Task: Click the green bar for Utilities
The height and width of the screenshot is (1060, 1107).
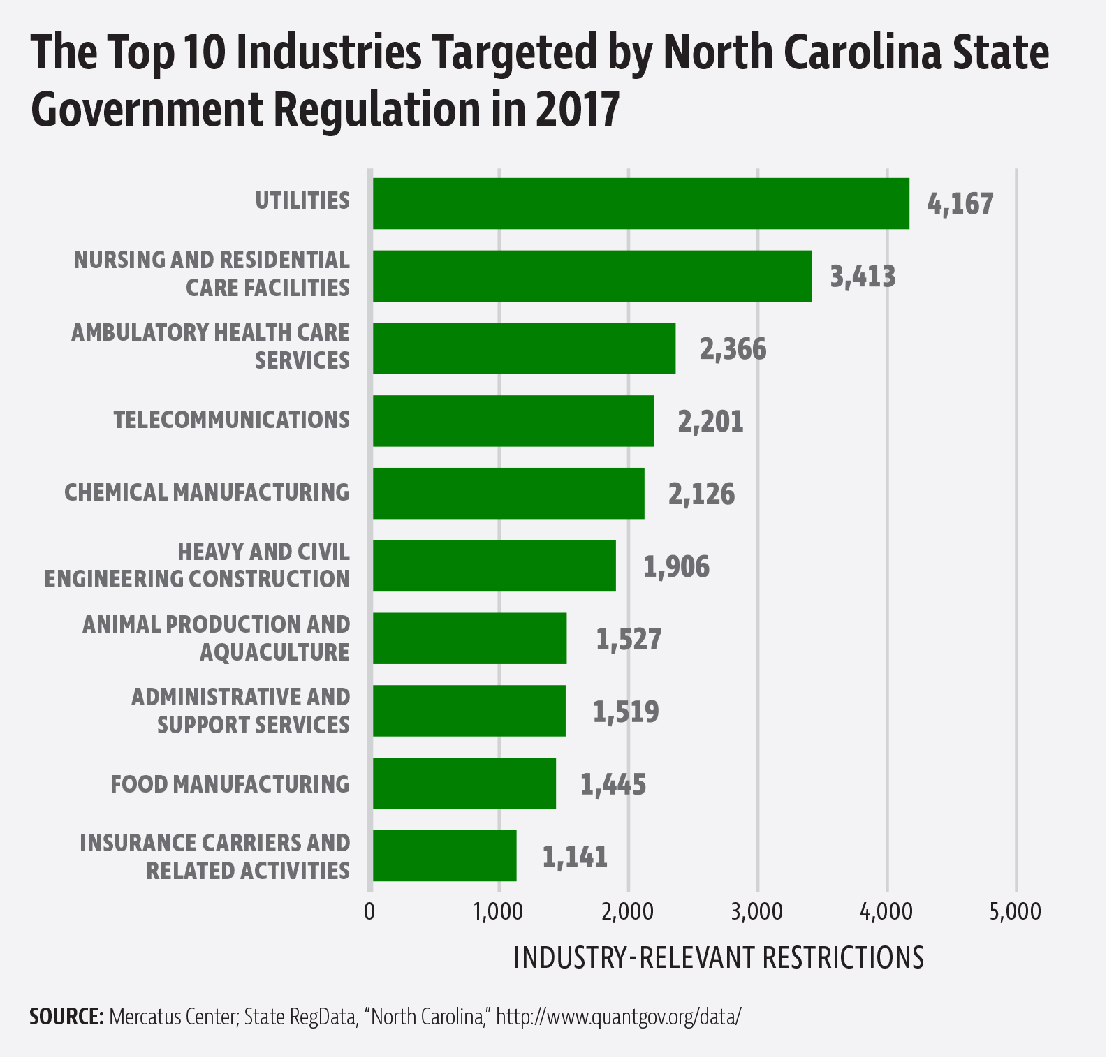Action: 640,203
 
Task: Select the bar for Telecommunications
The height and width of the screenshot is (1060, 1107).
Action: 513,421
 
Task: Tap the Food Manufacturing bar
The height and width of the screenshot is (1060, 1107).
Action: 464,783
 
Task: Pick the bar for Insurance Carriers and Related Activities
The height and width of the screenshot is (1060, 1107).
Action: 444,856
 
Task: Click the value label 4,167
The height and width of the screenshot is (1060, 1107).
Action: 960,204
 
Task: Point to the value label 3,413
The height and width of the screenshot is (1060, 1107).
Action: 862,277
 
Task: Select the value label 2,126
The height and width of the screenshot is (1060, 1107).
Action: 701,494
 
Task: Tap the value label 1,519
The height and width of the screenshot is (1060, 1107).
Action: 626,712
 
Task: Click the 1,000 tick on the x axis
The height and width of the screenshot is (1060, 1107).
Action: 499,912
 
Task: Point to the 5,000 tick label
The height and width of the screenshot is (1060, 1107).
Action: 1016,912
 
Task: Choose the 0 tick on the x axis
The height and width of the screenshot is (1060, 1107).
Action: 369,912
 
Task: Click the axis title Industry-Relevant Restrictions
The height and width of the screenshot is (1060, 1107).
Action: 718,957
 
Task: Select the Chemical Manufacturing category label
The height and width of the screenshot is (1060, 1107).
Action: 207,492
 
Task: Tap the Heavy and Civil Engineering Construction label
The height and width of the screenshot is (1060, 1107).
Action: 197,566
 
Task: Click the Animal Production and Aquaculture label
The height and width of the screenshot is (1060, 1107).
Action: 217,638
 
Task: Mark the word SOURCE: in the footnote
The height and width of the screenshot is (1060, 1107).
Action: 66,1016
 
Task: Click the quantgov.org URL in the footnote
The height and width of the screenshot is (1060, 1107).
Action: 618,1016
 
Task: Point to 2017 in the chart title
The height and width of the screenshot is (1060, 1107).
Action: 578,110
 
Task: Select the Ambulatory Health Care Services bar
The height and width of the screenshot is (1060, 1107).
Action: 524,348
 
